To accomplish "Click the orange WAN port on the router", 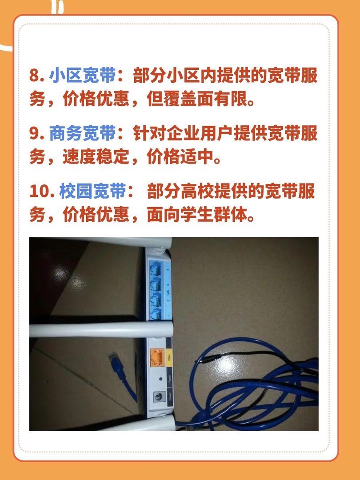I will click(156, 356).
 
